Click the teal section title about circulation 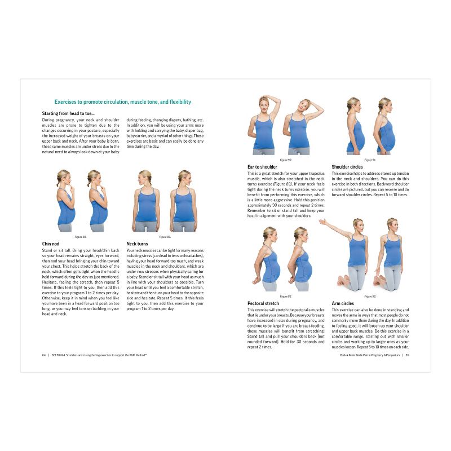[122, 102]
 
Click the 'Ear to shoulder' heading [262, 167]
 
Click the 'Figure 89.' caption [165, 237]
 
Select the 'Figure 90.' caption [286, 160]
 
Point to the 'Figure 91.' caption [370, 160]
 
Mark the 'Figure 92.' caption [285, 296]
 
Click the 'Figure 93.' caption [370, 296]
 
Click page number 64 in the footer [43, 355]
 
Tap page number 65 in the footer [406, 355]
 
